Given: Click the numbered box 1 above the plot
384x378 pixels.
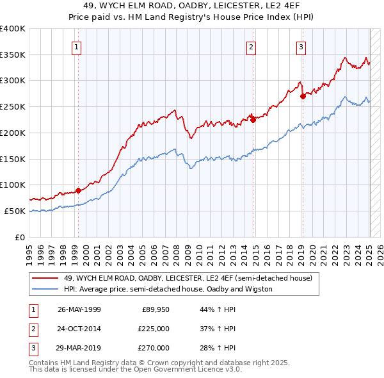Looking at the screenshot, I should tap(76, 46).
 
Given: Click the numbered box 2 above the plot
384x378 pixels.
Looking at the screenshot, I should tap(251, 46).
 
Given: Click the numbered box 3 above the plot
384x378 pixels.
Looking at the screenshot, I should tap(301, 46).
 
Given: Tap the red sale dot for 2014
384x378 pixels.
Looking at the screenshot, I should tap(253, 119).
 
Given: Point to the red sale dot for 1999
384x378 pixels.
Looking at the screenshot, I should tap(78, 190).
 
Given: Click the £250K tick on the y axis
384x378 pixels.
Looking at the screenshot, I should tap(13, 106).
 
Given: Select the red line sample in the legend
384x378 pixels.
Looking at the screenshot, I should tap(45, 279).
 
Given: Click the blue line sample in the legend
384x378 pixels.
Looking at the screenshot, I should tap(45, 289).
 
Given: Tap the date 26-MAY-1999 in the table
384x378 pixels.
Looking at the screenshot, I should tap(79, 309).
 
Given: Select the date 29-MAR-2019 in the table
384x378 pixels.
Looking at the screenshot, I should tap(79, 348).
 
